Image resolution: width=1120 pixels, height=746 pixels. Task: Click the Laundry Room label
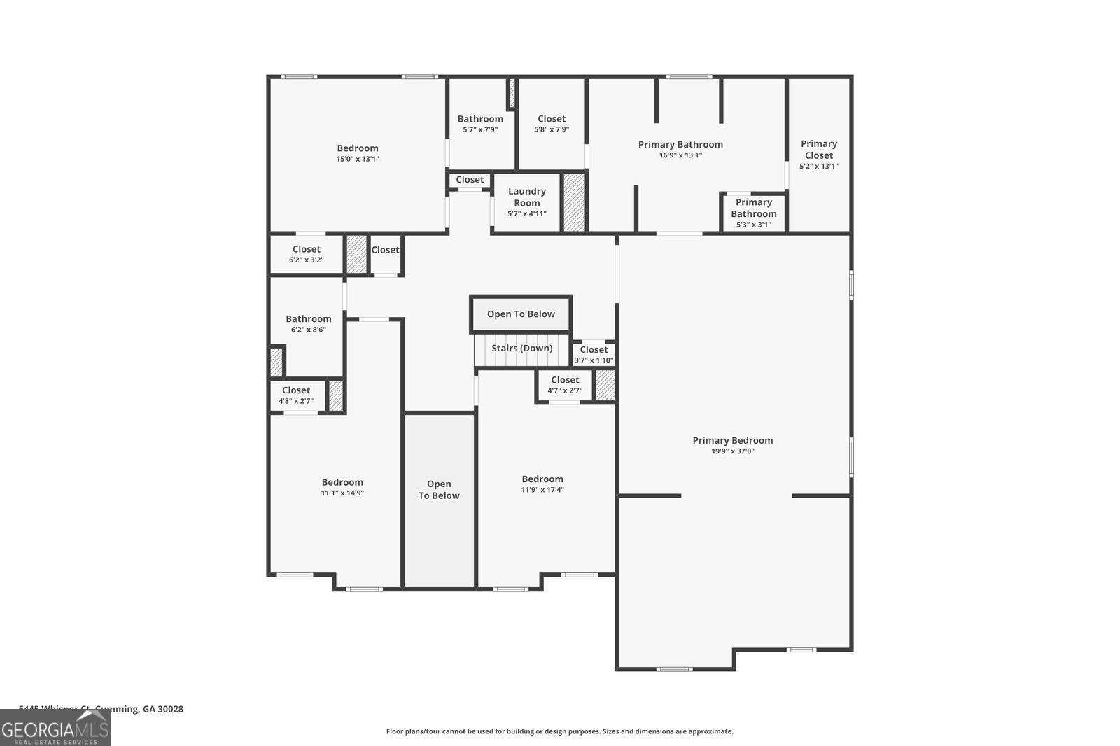pyautogui.click(x=526, y=197)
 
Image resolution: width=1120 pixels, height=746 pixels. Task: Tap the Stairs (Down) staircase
pyautogui.click(x=521, y=349)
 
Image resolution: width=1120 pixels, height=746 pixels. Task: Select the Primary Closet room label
pyautogui.click(x=818, y=149)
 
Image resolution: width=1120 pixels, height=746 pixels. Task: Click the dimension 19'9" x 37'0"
pyautogui.click(x=733, y=451)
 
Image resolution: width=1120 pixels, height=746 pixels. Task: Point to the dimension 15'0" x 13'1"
pyautogui.click(x=358, y=159)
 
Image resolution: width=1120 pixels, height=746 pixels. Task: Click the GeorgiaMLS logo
pyautogui.click(x=55, y=729)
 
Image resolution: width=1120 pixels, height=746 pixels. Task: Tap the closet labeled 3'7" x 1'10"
pyautogui.click(x=594, y=355)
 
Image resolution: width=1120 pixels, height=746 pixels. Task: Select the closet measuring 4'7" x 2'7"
pyautogui.click(x=564, y=385)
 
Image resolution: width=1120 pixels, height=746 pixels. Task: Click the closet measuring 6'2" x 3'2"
pyautogui.click(x=307, y=254)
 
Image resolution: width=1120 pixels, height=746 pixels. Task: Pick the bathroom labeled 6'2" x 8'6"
pyautogui.click(x=308, y=324)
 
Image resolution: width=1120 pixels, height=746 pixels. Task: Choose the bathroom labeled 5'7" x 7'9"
pyautogui.click(x=480, y=124)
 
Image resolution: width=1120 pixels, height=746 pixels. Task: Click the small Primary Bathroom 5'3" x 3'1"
pyautogui.click(x=754, y=213)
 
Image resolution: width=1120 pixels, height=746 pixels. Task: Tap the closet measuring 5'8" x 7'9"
pyautogui.click(x=552, y=124)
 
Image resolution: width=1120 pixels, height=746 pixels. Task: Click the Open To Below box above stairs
pyautogui.click(x=521, y=314)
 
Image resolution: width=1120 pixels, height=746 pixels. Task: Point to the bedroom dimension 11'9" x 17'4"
pyautogui.click(x=542, y=490)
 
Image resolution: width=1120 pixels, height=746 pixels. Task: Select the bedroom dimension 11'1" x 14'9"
pyautogui.click(x=342, y=493)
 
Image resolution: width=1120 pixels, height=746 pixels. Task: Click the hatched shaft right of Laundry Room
pyautogui.click(x=574, y=202)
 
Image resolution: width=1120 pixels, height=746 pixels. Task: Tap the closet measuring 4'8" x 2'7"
pyautogui.click(x=296, y=395)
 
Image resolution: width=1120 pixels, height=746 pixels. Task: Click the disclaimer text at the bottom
pyautogui.click(x=559, y=731)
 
